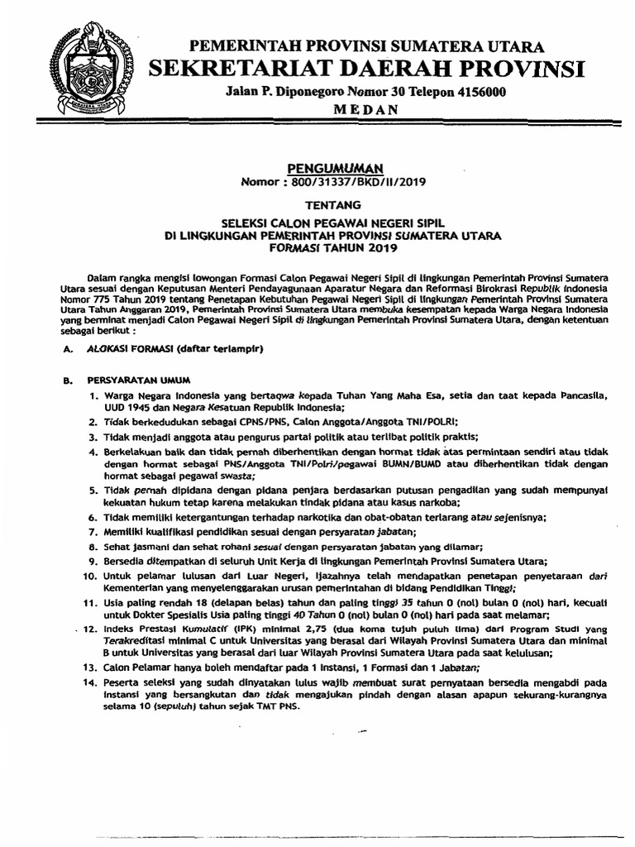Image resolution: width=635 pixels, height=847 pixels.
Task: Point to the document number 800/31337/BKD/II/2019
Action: [363, 181]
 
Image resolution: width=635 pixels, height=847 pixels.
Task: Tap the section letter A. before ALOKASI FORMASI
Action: [69, 351]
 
